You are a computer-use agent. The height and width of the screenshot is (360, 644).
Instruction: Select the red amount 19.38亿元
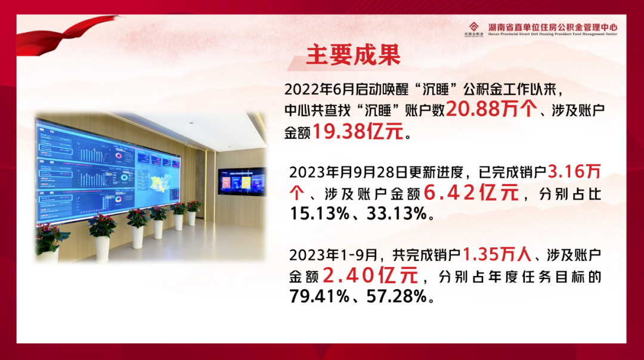tap(358, 132)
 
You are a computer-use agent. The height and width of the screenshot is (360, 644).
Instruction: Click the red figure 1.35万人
tap(496, 255)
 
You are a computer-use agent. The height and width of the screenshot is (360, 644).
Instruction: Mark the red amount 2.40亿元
tap(369, 276)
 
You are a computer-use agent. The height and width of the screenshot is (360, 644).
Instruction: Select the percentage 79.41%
tap(320, 296)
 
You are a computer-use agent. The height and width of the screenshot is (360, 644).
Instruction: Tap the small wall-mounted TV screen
tap(241, 181)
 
